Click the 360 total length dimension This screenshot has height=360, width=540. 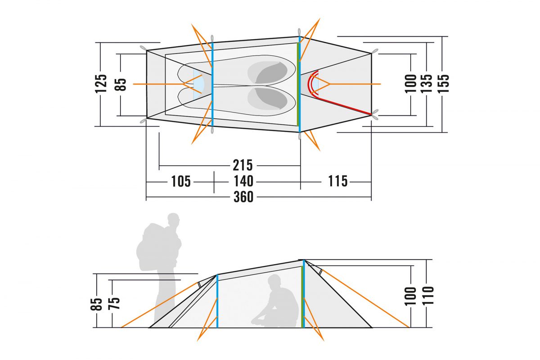(243, 197)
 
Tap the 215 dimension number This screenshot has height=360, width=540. (243, 166)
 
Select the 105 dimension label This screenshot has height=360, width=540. (181, 181)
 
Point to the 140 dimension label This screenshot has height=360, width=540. (243, 181)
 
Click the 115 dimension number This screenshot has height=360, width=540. (338, 181)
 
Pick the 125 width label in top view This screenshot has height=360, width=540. (101, 84)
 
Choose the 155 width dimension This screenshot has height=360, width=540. (443, 83)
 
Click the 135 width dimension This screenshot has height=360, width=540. (427, 83)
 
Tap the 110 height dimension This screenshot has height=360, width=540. (428, 296)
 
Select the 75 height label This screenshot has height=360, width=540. (114, 303)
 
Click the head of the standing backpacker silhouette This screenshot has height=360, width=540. (174, 220)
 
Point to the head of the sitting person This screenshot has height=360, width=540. (274, 281)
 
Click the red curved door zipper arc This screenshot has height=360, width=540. (312, 84)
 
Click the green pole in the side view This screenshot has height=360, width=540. (302, 297)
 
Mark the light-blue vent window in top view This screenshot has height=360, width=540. (199, 84)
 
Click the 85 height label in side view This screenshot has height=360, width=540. (96, 304)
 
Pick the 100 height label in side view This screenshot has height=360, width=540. (410, 296)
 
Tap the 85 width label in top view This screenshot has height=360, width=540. (120, 85)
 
